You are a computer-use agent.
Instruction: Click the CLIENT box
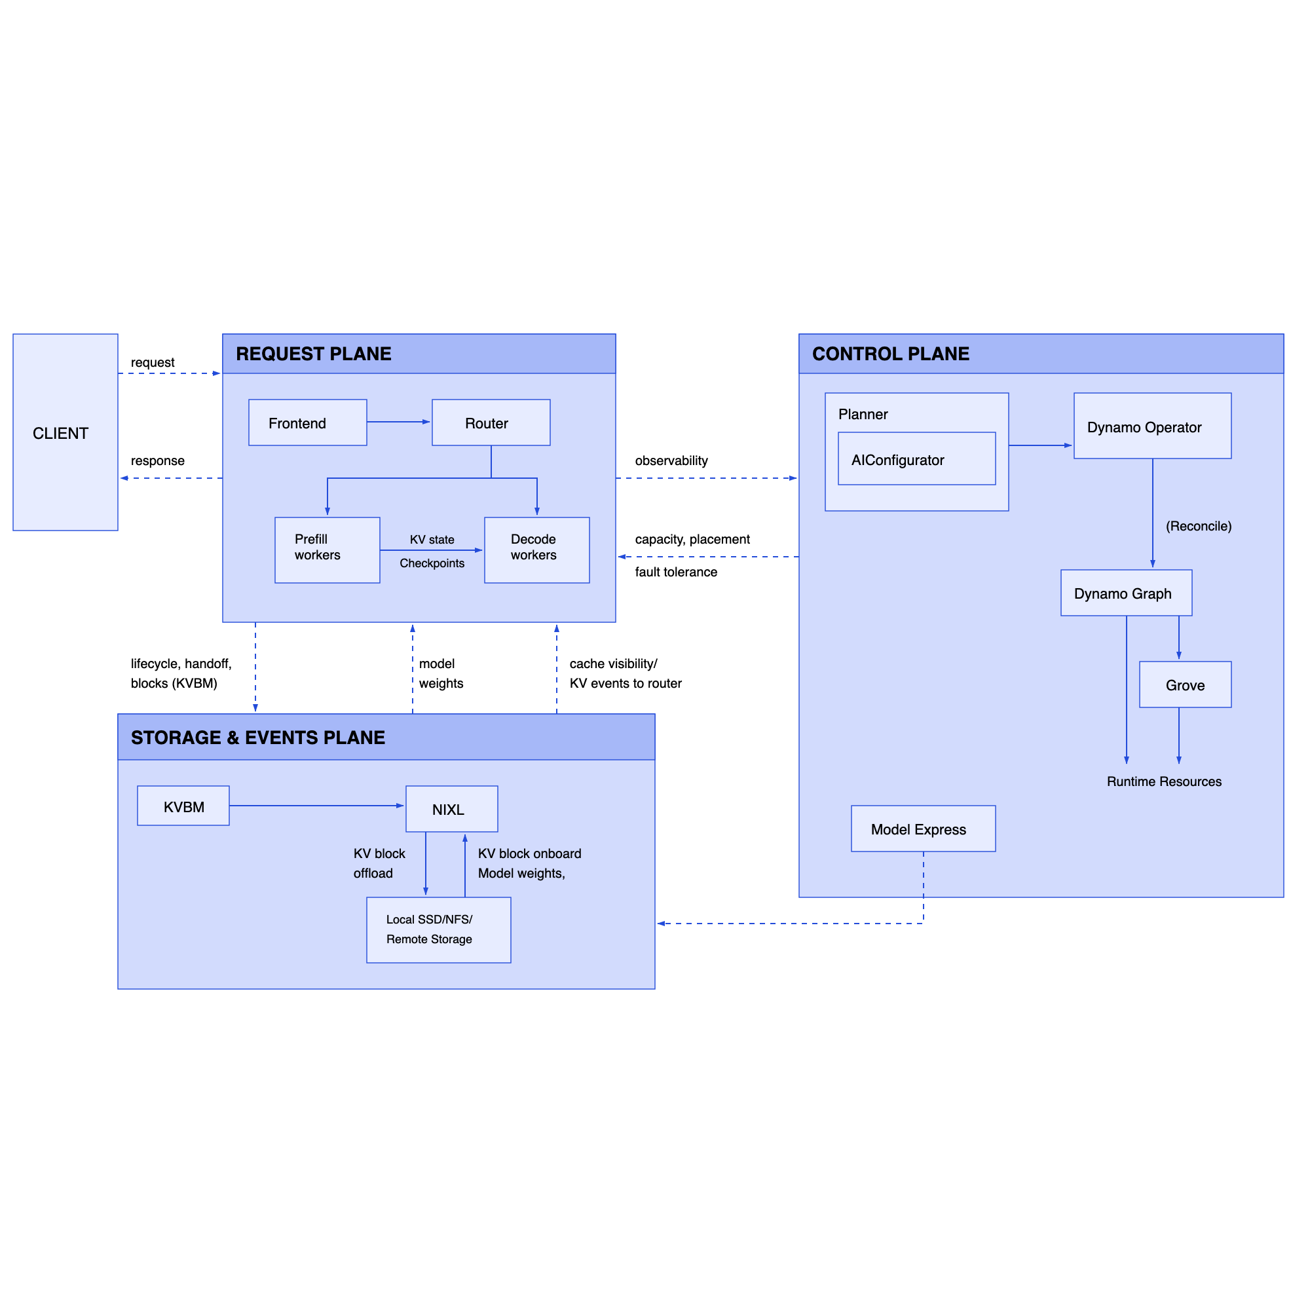pos(65,432)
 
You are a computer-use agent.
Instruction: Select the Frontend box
pos(307,422)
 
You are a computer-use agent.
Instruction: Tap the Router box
pos(490,422)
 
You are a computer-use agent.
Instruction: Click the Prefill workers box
pos(327,550)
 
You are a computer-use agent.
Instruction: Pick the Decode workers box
pos(536,550)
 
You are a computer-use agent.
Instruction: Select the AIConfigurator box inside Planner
pos(916,459)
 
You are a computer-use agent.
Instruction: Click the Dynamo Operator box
pos(1152,426)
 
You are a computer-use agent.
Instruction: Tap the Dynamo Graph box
pos(1125,593)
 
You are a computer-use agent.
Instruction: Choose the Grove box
pos(1184,684)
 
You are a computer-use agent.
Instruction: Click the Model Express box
pos(923,829)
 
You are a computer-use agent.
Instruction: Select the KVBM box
pos(183,806)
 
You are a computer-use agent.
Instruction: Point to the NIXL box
pos(451,808)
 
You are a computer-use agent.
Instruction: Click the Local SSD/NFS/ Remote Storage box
pos(438,929)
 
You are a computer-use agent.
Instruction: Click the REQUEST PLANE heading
pos(313,354)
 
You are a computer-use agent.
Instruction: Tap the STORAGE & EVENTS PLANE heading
pos(257,737)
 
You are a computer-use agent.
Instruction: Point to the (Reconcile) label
pos(1198,526)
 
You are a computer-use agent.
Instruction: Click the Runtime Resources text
pos(1163,781)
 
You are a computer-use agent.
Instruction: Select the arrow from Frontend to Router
pos(399,422)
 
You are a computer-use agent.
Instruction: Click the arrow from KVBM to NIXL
pos(316,806)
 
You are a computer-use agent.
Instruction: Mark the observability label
pos(671,460)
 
